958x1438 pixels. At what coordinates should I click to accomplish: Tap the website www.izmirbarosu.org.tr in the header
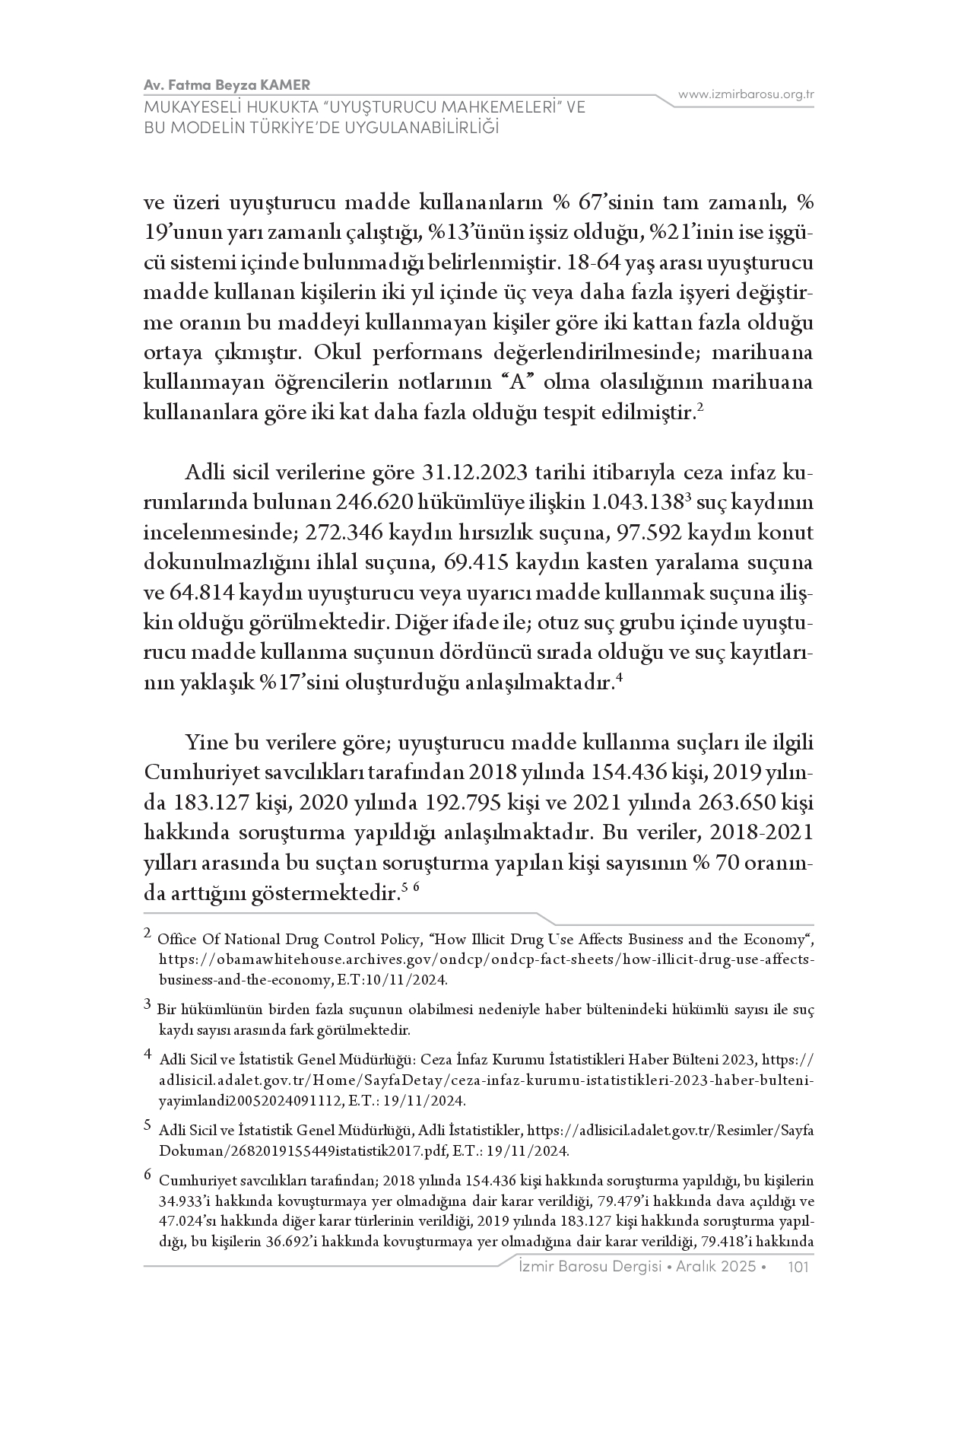click(746, 94)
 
